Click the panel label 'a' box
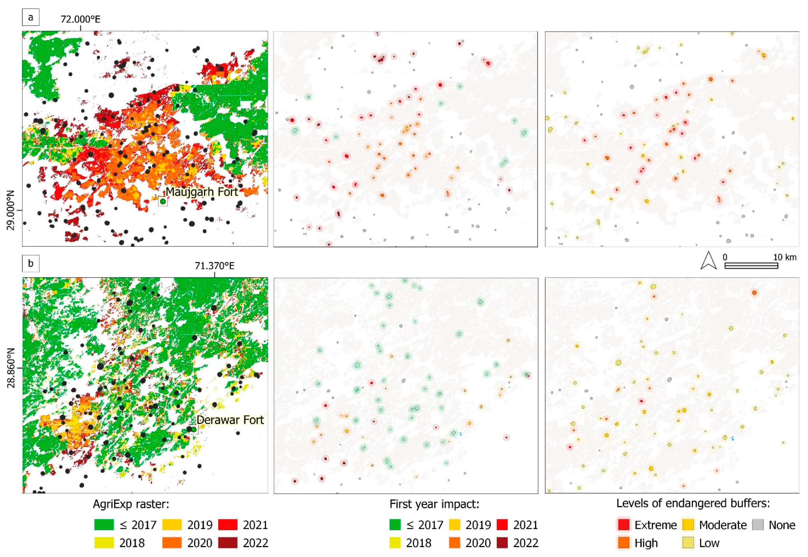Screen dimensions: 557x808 [31, 17]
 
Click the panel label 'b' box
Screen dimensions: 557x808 [31, 264]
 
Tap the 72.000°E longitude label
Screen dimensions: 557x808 [80, 19]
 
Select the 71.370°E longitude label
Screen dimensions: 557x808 [214, 266]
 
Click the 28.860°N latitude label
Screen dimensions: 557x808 [11, 368]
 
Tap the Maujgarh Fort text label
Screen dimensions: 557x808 [201, 192]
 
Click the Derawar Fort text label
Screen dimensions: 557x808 [230, 420]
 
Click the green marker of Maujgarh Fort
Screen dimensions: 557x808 [163, 201]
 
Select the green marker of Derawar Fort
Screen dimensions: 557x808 [194, 429]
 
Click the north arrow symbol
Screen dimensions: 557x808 [709, 261]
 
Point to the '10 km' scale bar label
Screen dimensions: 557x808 [785, 257]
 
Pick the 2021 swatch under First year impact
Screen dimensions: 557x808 [502, 525]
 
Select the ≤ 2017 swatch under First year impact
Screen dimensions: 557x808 [395, 525]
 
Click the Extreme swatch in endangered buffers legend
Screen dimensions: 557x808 [623, 525]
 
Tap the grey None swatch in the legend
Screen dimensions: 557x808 [757, 525]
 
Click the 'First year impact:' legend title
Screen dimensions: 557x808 [434, 504]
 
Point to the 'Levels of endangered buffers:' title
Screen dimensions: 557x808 [693, 503]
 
